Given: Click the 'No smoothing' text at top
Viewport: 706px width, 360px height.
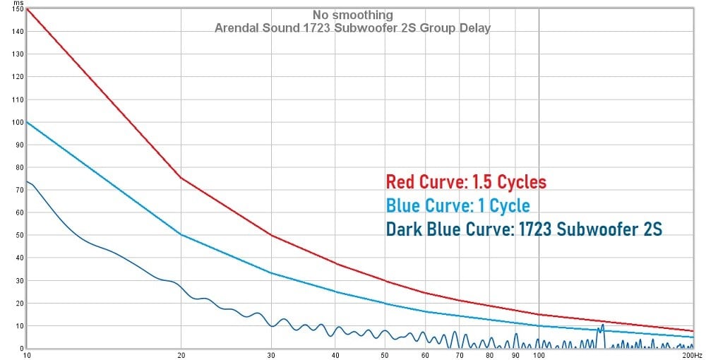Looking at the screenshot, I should click(x=352, y=15).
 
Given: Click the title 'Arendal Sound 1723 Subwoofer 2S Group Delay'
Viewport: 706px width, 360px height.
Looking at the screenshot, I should click(x=352, y=28).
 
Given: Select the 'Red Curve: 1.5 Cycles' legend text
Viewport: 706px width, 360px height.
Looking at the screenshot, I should click(x=466, y=182).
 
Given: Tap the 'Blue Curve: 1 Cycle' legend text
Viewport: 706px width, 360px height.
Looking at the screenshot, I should click(x=457, y=205).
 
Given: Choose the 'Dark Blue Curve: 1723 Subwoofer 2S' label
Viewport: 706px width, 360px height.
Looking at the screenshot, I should click(x=524, y=229).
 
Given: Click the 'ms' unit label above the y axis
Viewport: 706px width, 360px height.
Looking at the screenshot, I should click(x=19, y=3).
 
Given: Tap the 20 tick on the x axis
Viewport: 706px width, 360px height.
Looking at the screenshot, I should click(x=181, y=354).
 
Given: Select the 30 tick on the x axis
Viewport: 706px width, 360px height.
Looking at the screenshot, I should click(x=272, y=354).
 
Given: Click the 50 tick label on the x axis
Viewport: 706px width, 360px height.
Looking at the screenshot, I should click(x=385, y=354).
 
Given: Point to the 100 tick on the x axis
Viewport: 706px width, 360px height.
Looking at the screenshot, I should click(x=539, y=354).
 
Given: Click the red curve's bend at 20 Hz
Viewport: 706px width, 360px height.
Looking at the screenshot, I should click(x=181, y=178).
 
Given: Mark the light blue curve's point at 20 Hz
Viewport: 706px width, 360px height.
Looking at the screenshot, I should click(x=181, y=234).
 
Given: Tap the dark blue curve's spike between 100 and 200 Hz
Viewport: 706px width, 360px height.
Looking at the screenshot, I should click(x=602, y=325).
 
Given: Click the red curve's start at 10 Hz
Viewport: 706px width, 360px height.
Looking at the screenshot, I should click(x=26, y=9).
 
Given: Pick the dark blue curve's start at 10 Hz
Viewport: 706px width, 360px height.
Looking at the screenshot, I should click(x=26, y=181).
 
